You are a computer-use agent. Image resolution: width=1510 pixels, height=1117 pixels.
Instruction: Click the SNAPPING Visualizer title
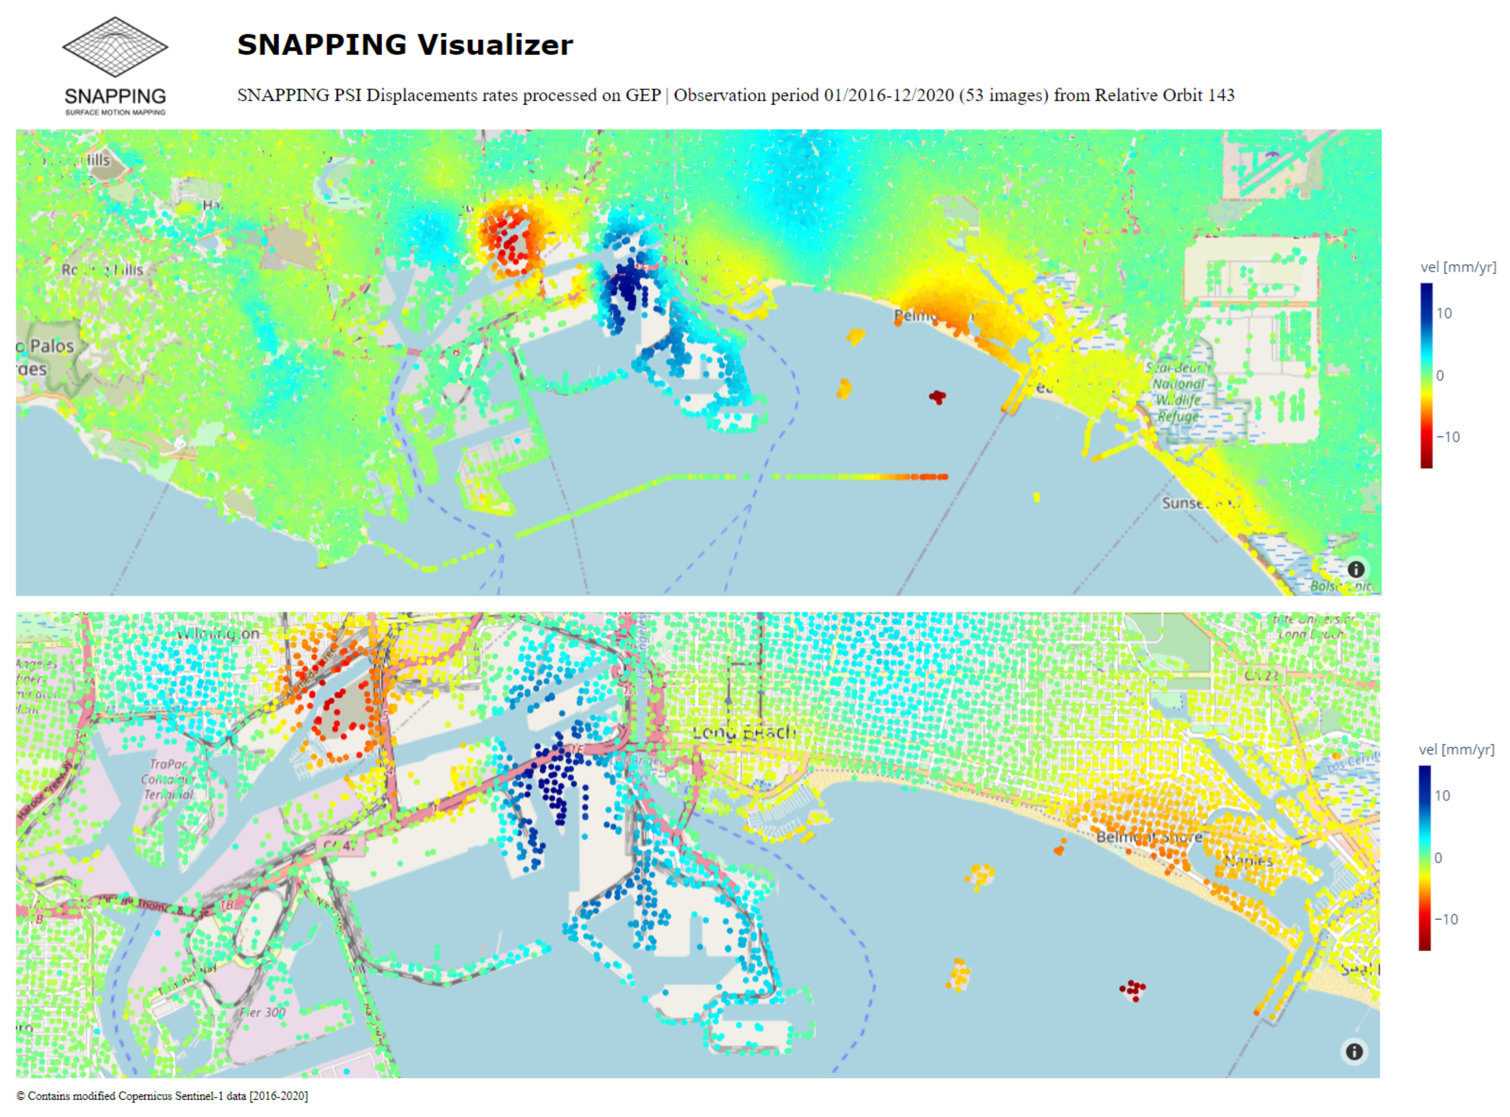pos(404,45)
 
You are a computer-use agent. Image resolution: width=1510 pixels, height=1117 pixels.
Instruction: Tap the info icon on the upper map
pos(1355,569)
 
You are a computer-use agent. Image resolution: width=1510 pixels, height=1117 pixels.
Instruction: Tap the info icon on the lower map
pos(1354,1051)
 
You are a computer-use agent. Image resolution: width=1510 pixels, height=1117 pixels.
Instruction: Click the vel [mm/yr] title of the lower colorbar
pos(1456,749)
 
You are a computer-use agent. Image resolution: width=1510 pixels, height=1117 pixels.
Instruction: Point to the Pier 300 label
pos(262,1012)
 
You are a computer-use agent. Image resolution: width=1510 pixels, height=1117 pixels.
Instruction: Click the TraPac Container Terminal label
pos(168,779)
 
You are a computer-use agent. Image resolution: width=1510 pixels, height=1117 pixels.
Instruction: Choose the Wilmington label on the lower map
pos(218,633)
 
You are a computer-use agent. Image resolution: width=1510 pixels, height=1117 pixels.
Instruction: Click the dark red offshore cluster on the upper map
pos(937,397)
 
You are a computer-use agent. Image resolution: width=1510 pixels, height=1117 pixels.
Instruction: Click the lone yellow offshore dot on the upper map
pos(1037,498)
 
